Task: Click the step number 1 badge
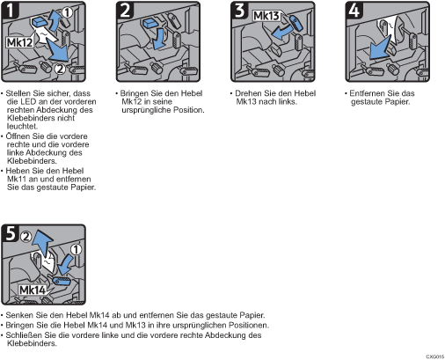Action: click(11, 10)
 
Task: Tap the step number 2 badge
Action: click(125, 10)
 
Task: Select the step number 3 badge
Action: click(240, 10)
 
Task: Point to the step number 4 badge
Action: click(354, 10)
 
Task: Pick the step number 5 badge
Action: click(11, 233)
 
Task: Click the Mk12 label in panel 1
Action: click(19, 42)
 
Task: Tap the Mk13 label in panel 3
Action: click(266, 16)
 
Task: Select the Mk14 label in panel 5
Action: click(33, 290)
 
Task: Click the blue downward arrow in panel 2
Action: click(159, 38)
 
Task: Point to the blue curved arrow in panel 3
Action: click(281, 33)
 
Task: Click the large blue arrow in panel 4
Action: click(380, 48)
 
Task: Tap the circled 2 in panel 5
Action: click(26, 236)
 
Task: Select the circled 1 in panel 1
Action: click(67, 12)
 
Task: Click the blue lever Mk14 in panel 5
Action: click(62, 281)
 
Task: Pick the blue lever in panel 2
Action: click(151, 23)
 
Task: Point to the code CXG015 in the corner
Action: click(435, 356)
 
